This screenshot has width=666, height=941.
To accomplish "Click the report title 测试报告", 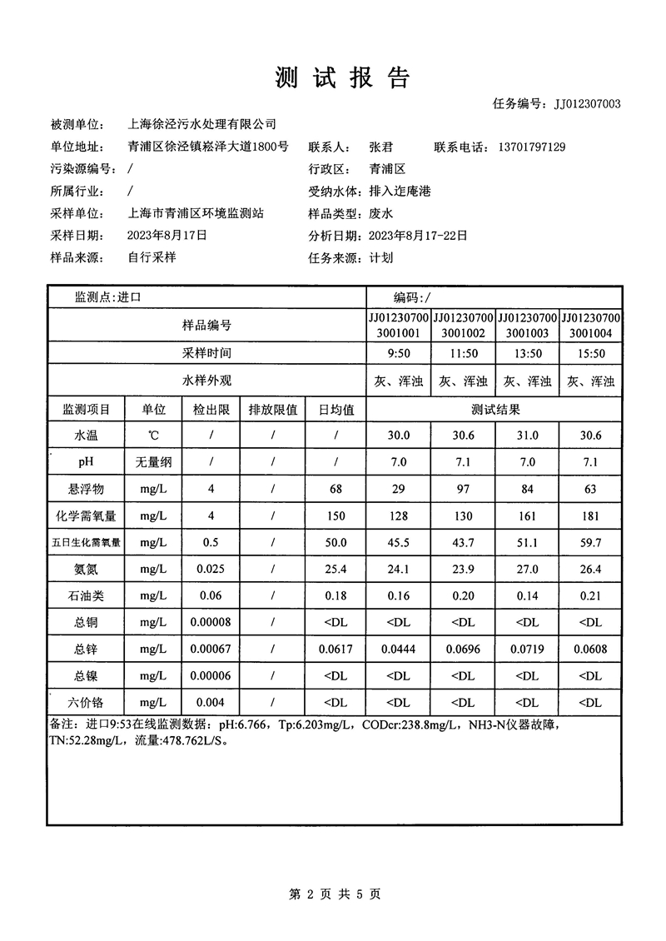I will [341, 78].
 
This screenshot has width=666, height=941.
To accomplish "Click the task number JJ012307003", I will [579, 104].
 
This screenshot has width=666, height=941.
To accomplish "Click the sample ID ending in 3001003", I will [528, 326].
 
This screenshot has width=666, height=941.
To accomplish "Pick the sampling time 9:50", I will [399, 354].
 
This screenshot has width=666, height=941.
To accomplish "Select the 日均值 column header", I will [336, 409].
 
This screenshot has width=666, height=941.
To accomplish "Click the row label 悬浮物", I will [87, 488].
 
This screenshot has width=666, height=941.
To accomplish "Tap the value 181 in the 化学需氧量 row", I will [591, 515].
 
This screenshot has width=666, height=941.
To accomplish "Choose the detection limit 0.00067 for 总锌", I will [211, 649].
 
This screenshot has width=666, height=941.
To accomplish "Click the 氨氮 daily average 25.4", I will [336, 569].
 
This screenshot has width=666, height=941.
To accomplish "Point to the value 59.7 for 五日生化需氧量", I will [591, 542].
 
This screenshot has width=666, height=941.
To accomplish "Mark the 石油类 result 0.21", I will [591, 595].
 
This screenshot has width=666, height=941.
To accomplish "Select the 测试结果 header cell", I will [495, 409].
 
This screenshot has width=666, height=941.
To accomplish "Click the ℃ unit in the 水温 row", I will [153, 436].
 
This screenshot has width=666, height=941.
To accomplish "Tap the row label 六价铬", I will [87, 702].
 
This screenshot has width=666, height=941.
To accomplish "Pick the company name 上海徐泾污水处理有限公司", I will [201, 125].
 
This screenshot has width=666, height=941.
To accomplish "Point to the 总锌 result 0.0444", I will [399, 649].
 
